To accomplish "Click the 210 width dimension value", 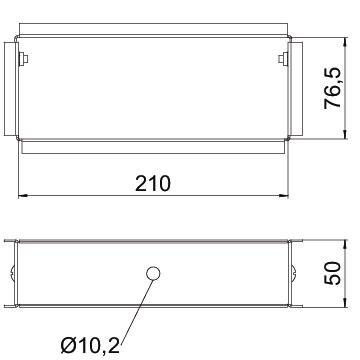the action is (153, 183).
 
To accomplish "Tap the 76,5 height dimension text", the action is (333, 88).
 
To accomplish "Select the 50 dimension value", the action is (333, 273).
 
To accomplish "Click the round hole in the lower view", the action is (153, 273).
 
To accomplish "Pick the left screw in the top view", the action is (23, 59).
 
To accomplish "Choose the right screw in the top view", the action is (283, 59).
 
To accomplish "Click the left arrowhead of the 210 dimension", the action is (23, 196).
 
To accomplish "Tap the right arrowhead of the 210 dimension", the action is (284, 196).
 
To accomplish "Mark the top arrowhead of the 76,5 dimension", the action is (345, 42).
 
